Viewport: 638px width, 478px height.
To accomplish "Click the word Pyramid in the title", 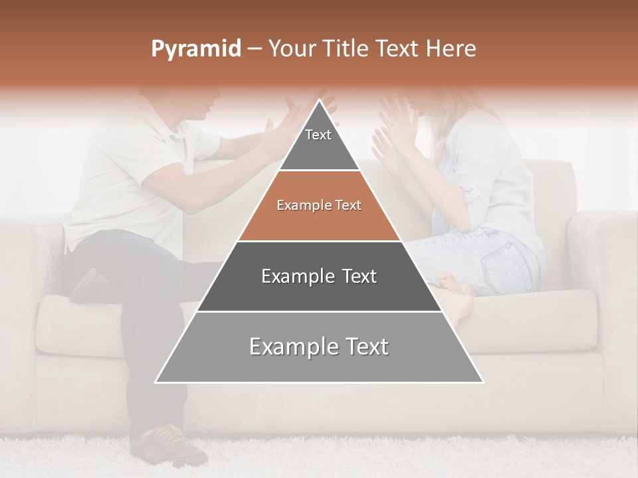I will click(x=195, y=49).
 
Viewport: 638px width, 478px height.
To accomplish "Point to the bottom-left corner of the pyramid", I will click(x=156, y=382).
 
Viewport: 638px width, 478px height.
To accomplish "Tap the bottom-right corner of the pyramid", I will click(x=482, y=382).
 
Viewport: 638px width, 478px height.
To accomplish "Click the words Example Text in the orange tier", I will click(x=319, y=206).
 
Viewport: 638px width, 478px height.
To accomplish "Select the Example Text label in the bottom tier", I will click(x=319, y=347).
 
